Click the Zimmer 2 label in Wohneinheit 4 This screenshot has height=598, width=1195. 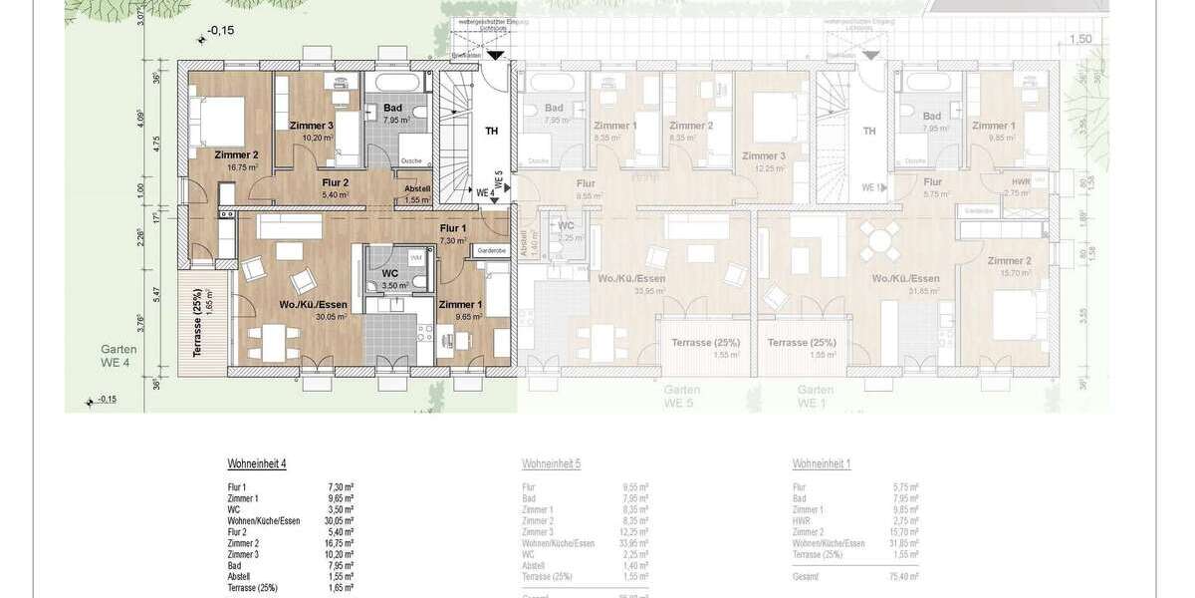coord(236,154)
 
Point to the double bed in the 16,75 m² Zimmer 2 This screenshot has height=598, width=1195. coord(214,120)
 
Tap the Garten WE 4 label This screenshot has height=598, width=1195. coord(119,357)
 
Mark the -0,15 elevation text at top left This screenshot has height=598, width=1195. coord(221,31)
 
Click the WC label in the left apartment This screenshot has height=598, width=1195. coord(389,271)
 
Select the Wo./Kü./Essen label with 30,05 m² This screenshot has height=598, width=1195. coord(315,305)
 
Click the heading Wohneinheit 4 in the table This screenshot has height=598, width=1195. coord(257,464)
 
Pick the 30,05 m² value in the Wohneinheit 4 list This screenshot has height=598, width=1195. coord(341,520)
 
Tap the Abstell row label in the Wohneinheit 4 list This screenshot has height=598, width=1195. coord(240,576)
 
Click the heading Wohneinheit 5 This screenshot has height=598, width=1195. coord(551,464)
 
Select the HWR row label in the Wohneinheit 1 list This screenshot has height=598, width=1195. coord(801,520)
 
